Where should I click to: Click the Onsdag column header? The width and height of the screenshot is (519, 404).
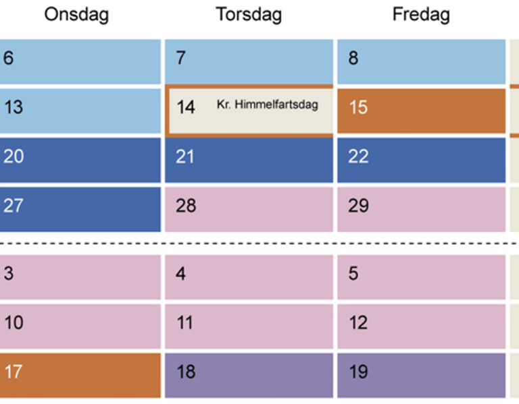click(x=76, y=15)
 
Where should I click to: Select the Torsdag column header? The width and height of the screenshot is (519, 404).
click(x=249, y=15)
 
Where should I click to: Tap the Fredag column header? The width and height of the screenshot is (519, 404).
click(x=421, y=15)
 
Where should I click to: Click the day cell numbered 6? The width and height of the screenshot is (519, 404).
click(x=80, y=61)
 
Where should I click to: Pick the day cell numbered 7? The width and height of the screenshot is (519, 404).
click(x=249, y=61)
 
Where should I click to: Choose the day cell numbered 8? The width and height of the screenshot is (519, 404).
click(x=421, y=61)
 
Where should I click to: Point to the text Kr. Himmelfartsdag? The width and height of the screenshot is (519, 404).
click(x=267, y=105)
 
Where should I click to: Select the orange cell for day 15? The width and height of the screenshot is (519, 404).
click(x=421, y=111)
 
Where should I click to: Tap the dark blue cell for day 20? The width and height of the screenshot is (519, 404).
click(x=80, y=159)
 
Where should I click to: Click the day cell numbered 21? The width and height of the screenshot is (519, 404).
click(x=249, y=159)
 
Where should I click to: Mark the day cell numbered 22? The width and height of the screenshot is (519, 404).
click(x=421, y=159)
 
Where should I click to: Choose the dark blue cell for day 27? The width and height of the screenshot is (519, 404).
click(x=80, y=208)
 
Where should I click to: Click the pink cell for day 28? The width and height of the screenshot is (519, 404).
click(x=249, y=208)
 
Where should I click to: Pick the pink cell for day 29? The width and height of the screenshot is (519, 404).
click(x=421, y=208)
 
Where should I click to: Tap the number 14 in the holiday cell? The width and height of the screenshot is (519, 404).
click(x=186, y=108)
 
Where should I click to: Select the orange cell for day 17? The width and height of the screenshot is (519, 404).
click(x=80, y=374)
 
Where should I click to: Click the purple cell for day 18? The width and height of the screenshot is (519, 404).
click(x=249, y=374)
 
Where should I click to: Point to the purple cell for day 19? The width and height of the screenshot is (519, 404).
click(x=421, y=374)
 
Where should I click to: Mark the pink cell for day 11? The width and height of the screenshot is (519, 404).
click(x=249, y=325)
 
